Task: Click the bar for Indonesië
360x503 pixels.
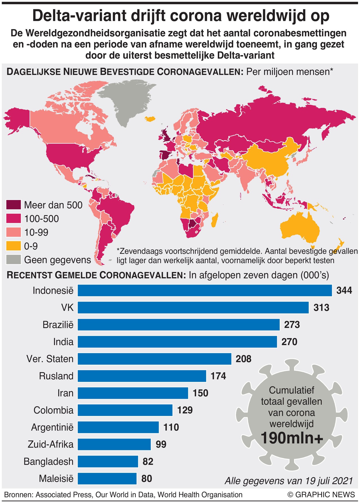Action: click(x=205, y=290)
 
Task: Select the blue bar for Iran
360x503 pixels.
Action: click(x=133, y=393)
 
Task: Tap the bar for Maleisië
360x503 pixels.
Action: click(x=107, y=478)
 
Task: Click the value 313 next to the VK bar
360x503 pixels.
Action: click(x=321, y=308)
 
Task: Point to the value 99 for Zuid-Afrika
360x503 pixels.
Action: click(x=161, y=444)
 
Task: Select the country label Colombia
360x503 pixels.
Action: click(x=54, y=410)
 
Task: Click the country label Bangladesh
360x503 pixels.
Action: click(x=48, y=462)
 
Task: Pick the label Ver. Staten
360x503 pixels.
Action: click(x=50, y=359)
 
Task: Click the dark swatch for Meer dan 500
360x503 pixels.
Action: click(x=14, y=205)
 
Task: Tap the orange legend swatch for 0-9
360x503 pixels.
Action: click(x=14, y=246)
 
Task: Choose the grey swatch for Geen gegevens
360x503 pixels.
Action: click(x=14, y=260)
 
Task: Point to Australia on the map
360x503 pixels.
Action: click(x=300, y=230)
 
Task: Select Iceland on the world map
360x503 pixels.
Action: click(x=150, y=118)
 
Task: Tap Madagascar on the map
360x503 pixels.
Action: click(x=214, y=220)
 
